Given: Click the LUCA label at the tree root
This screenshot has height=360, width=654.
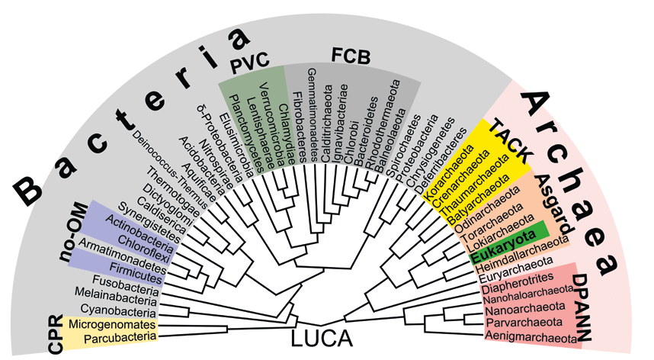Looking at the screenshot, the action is coord(321,338).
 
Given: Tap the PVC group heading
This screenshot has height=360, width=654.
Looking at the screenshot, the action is coord(250,62).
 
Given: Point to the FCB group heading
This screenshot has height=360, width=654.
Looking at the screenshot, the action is coord(351,56).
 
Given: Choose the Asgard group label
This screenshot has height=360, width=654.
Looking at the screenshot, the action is coord(554,204).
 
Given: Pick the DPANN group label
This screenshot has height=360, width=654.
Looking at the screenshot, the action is coord(581,307).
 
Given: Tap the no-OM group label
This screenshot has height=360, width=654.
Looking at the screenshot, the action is coord(74,233).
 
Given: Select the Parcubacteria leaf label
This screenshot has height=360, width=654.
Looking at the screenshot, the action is coord(120,337).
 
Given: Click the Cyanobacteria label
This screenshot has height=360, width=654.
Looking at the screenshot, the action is coord(118,310).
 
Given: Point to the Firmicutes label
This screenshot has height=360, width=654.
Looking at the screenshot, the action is coord(136,273).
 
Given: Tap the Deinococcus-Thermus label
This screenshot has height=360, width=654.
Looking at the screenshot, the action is coord(169,170).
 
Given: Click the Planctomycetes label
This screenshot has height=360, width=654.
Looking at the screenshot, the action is coord(247,133).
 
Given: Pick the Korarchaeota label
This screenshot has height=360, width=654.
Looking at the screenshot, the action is coord(449,172).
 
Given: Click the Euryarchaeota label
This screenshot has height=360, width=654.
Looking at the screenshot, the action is coord(516,270).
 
